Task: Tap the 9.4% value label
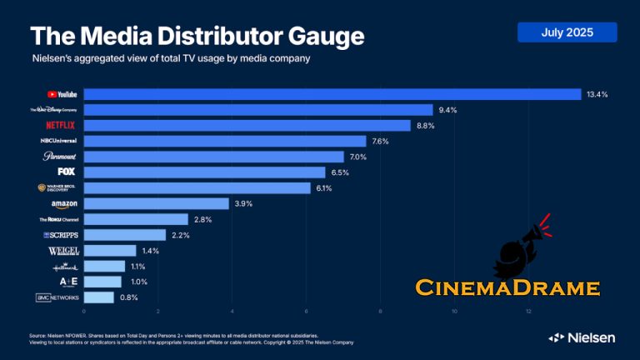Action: click(x=448, y=110)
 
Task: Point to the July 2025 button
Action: click(x=567, y=32)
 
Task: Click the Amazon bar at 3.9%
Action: click(x=156, y=203)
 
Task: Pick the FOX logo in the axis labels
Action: click(x=67, y=172)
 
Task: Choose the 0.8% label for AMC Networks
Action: click(x=129, y=297)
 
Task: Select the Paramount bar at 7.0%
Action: click(x=213, y=157)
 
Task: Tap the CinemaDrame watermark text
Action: click(x=507, y=288)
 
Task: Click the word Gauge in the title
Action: click(x=320, y=37)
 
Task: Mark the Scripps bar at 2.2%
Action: click(x=125, y=235)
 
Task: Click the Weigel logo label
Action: click(x=63, y=251)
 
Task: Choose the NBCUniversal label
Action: click(x=58, y=141)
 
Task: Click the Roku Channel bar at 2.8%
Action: click(x=136, y=219)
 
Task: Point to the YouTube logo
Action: click(x=62, y=94)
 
